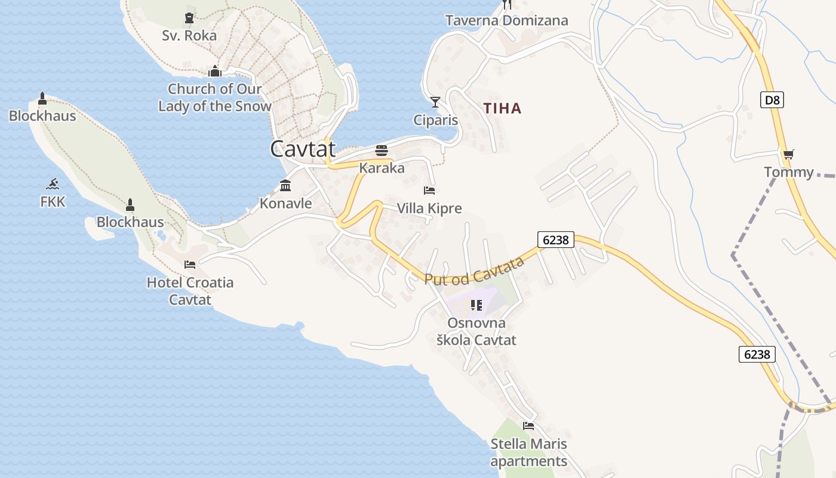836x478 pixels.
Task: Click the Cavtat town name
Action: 303,149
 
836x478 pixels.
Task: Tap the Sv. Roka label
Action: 189,35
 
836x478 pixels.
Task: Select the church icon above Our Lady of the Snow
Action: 215,72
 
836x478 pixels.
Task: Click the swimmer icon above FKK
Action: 53,184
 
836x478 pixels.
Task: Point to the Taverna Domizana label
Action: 506,20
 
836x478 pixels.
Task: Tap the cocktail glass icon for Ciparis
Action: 435,102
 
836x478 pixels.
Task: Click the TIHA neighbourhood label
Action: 502,108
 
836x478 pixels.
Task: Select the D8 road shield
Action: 772,99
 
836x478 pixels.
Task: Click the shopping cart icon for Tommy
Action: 788,154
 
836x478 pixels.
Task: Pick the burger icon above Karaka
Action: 382,150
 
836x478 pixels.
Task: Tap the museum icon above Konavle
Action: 285,186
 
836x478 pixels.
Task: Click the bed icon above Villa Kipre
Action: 429,191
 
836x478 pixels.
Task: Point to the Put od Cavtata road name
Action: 474,271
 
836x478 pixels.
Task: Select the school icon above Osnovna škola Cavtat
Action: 476,305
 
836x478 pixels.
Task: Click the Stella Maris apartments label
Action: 528,452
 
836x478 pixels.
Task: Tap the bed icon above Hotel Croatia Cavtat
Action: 190,264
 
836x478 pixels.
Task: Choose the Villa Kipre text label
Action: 429,209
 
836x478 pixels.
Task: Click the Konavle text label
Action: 285,203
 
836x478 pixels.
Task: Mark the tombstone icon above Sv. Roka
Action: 189,18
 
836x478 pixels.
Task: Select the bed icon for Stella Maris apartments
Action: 528,426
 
